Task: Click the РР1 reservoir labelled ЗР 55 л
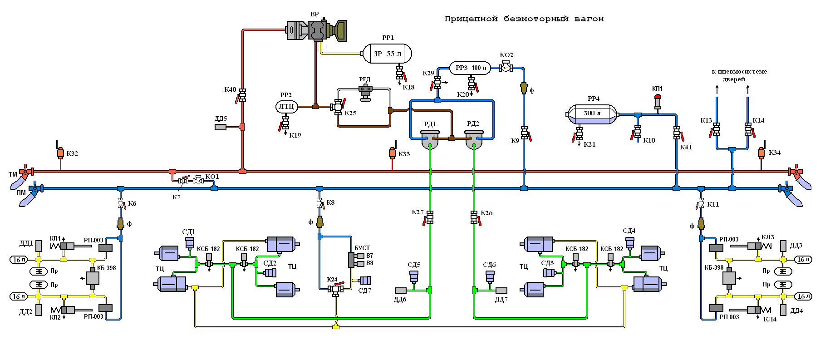tap(387, 54)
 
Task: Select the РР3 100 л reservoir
tap(470, 68)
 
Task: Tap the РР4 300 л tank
tap(592, 113)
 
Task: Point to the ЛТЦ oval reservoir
tap(286, 107)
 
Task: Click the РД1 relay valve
tap(430, 139)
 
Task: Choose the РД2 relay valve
tap(474, 139)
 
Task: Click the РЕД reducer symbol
tap(365, 92)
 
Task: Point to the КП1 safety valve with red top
tap(658, 102)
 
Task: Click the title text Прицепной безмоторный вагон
tap(524, 19)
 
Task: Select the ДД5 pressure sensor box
tap(221, 127)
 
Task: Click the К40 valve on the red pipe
tap(242, 94)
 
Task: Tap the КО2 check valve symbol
tap(506, 68)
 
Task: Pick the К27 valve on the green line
tap(429, 218)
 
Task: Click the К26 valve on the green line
tap(474, 218)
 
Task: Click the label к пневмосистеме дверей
tap(739, 75)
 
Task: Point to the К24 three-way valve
tap(335, 289)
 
